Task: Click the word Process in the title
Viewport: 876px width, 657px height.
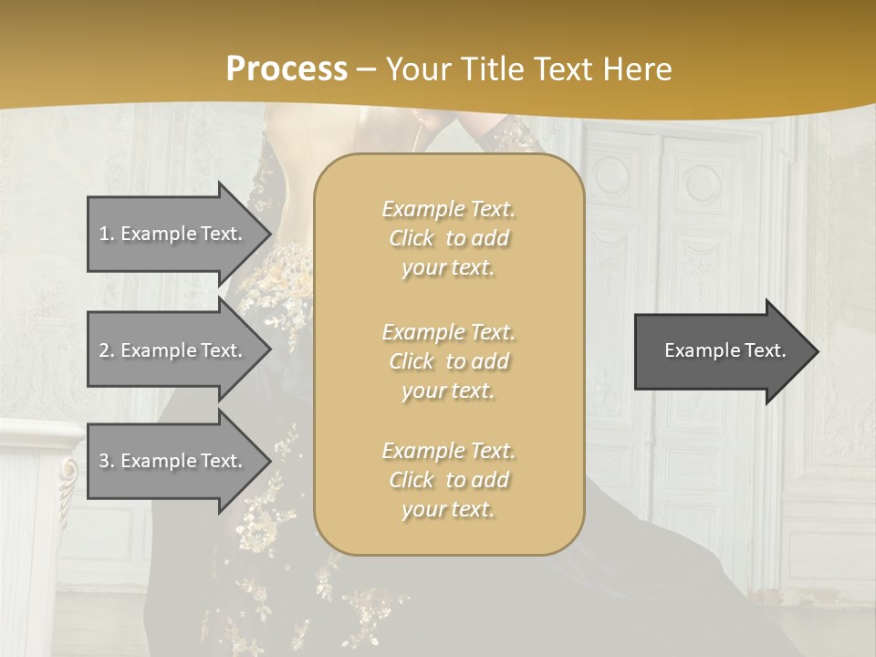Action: tap(287, 69)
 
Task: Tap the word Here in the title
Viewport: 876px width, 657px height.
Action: tap(636, 69)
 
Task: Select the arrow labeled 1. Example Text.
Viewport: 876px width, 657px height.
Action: tap(173, 234)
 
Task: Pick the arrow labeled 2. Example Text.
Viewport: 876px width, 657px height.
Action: tap(173, 350)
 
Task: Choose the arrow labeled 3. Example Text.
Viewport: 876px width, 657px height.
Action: tap(173, 461)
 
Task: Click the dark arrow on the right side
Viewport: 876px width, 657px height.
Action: tap(721, 350)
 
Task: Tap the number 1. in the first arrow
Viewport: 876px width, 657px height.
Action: tap(107, 234)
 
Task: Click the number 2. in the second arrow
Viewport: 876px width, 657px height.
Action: tap(107, 350)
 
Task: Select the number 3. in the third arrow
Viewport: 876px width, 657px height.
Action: tap(107, 461)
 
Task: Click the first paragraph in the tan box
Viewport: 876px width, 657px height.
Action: tap(448, 238)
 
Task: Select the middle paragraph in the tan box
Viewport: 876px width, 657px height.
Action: tap(448, 361)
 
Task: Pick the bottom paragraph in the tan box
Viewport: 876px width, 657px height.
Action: tap(448, 480)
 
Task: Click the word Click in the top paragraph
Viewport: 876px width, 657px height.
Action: tap(412, 238)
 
